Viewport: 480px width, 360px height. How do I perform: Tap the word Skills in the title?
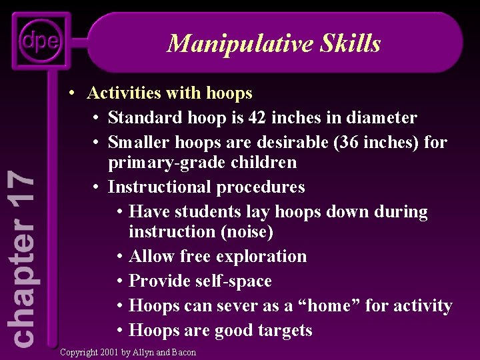(x=353, y=43)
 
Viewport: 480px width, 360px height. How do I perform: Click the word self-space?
(x=233, y=281)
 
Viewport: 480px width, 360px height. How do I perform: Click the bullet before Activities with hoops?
(x=77, y=93)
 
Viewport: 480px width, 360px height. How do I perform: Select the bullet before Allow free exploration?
(x=119, y=256)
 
